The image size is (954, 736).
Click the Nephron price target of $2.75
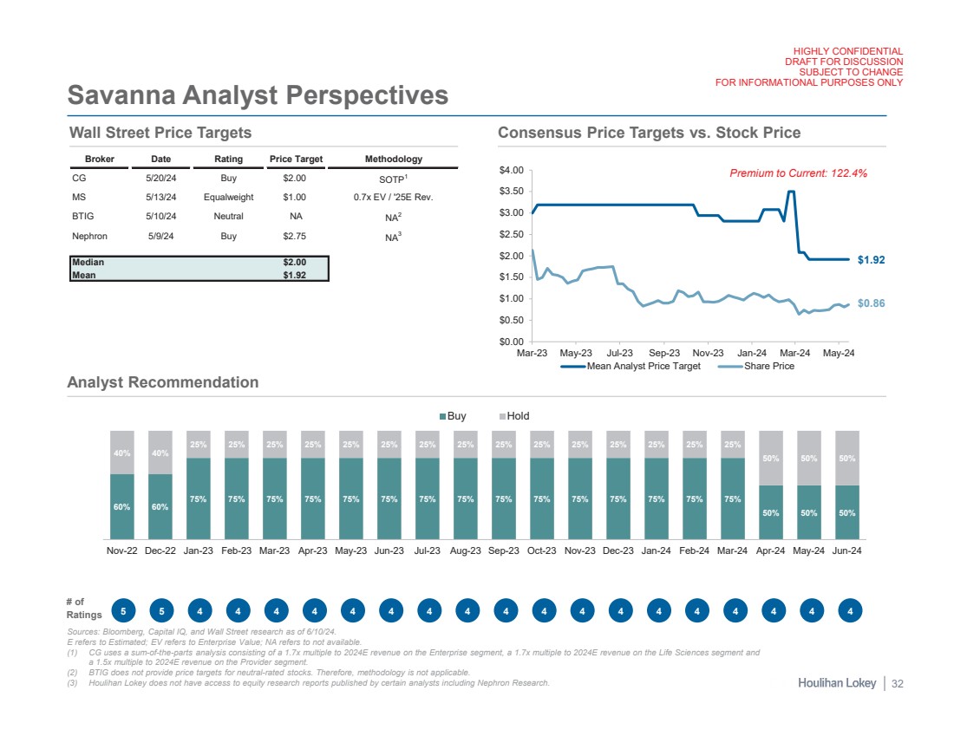click(x=294, y=236)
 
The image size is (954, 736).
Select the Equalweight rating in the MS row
click(x=228, y=197)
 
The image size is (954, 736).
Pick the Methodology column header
click(x=394, y=160)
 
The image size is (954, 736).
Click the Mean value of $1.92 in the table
click(x=294, y=276)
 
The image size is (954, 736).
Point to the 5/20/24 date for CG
click(x=160, y=177)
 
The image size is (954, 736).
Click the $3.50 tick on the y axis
click(x=512, y=192)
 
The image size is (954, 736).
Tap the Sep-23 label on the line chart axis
click(x=663, y=353)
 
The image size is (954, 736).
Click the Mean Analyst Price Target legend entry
click(x=637, y=367)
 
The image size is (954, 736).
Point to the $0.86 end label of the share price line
click(x=871, y=304)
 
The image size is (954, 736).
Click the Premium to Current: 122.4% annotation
click(x=799, y=173)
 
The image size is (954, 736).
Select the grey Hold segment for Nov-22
click(x=122, y=452)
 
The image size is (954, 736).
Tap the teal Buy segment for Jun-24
click(x=849, y=512)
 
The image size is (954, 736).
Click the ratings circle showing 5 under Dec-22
click(x=160, y=611)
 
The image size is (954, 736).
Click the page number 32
click(x=897, y=684)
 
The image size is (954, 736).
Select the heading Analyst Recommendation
click(x=163, y=382)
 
